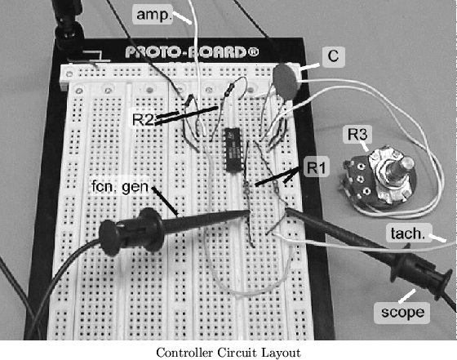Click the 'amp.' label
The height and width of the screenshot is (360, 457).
(153, 15)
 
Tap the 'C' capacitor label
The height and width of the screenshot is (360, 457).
(333, 56)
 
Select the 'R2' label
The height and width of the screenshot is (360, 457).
(142, 119)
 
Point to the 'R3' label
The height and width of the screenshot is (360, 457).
(357, 134)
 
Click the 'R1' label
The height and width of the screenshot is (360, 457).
(317, 167)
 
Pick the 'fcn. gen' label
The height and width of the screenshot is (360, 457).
(120, 186)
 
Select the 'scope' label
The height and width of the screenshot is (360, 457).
(402, 312)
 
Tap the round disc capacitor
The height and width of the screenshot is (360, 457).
(286, 81)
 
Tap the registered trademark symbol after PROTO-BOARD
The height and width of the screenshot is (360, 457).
(253, 52)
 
